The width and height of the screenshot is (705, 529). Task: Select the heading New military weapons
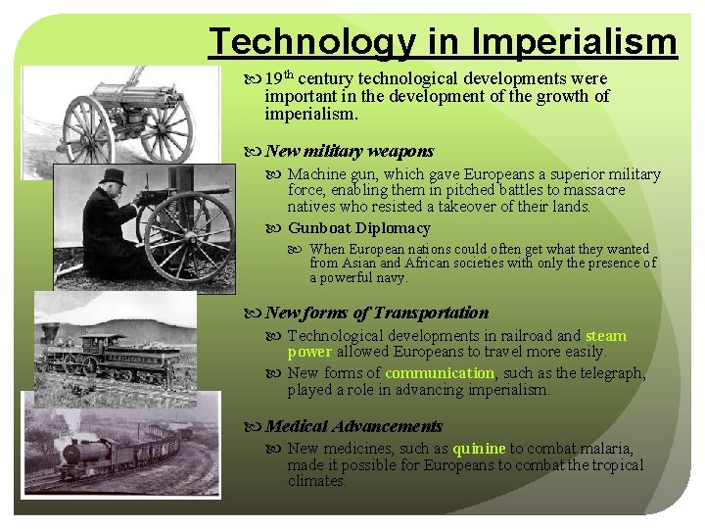click(x=349, y=151)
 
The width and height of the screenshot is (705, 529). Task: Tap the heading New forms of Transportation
click(x=376, y=313)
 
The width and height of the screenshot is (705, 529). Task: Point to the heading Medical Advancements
click(x=353, y=426)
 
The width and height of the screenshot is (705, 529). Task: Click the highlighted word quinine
click(x=479, y=449)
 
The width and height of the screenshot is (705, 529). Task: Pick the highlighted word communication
click(x=440, y=373)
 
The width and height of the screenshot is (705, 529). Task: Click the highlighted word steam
click(x=605, y=336)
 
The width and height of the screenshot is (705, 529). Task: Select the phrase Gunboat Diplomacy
click(x=358, y=228)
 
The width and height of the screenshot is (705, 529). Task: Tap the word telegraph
click(x=611, y=373)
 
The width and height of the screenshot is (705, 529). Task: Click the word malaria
click(x=604, y=449)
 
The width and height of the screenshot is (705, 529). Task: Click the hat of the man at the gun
click(x=114, y=176)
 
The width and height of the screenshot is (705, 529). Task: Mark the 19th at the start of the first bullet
click(x=279, y=78)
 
